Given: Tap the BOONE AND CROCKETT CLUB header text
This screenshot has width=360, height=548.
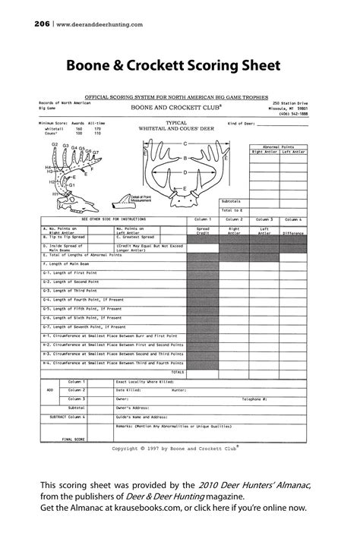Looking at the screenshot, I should coord(177,108).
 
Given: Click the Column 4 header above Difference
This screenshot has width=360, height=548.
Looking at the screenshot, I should coord(295,219).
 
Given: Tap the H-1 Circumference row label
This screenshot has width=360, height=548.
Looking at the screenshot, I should coord(114,335).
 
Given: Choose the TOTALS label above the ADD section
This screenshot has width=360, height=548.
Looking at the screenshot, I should coord(178,372).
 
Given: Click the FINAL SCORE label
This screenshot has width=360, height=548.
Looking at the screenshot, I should coord(74,439).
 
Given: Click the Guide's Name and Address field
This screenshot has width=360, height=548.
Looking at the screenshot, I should coord(142,417).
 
